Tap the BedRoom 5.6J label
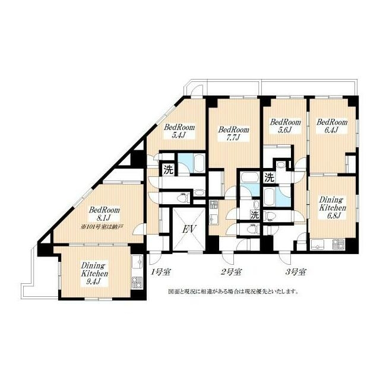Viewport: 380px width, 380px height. [286, 126]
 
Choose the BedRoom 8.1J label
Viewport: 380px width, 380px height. [104, 214]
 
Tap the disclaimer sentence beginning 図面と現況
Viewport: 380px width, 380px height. [231, 292]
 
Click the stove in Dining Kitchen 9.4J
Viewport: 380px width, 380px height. [137, 283]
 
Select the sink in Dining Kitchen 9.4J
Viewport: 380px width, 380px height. [137, 262]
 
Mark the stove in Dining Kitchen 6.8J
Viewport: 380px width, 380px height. [339, 243]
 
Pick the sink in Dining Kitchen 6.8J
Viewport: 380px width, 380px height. [319, 243]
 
